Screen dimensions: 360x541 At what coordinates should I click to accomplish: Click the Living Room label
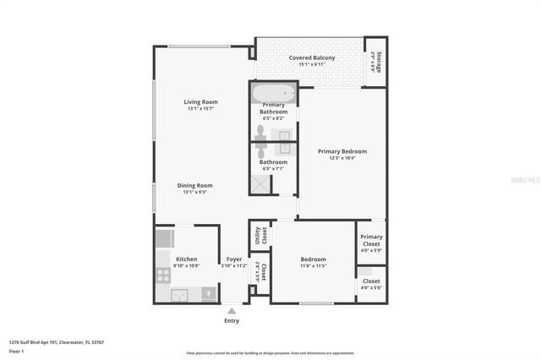[201, 102]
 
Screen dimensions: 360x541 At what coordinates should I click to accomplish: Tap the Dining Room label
[194, 185]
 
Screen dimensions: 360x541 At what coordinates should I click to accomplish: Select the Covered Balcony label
[312, 57]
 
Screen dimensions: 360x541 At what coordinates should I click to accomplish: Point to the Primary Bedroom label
[342, 151]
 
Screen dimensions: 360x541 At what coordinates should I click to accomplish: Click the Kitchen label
[186, 259]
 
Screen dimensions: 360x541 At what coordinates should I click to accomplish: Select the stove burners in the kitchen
[162, 273]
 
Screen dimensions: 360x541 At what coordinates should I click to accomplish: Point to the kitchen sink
[178, 295]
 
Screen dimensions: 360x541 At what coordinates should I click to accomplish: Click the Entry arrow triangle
[232, 311]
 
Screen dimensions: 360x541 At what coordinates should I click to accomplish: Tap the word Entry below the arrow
[232, 320]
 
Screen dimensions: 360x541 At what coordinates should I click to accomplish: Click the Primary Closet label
[371, 241]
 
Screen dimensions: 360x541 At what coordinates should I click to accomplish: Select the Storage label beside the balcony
[378, 62]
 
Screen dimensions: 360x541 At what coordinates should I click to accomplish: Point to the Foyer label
[234, 259]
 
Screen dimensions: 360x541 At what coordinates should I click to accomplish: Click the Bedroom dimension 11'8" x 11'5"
[313, 265]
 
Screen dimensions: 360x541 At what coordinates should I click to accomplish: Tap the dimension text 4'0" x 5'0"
[371, 288]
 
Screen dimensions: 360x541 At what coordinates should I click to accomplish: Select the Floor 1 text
[15, 351]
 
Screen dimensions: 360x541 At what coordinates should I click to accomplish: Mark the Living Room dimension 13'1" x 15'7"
[201, 109]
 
